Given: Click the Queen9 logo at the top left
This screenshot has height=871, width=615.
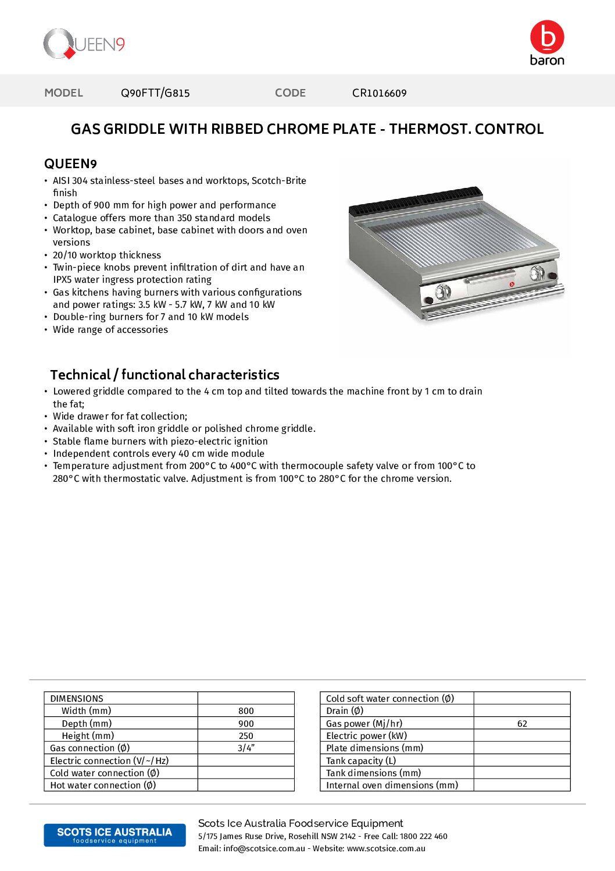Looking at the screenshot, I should pyautogui.click(x=84, y=44).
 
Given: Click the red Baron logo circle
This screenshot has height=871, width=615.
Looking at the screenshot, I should pyautogui.click(x=547, y=37).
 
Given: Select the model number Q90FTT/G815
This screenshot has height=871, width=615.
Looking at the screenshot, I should pyautogui.click(x=155, y=93).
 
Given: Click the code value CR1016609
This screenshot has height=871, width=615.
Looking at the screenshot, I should pyautogui.click(x=379, y=93).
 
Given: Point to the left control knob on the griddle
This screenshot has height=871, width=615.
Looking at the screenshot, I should pyautogui.click(x=443, y=291).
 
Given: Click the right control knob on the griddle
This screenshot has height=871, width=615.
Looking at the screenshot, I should pyautogui.click(x=537, y=272).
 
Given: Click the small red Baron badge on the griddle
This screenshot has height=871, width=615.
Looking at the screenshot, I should pyautogui.click(x=512, y=284).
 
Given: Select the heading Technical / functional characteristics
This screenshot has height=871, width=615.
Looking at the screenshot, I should pyautogui.click(x=165, y=375).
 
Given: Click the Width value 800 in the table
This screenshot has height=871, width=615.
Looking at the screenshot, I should pyautogui.click(x=246, y=711).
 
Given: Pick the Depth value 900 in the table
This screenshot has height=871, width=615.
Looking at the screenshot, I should pyautogui.click(x=246, y=724).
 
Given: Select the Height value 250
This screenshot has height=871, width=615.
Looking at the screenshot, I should pyautogui.click(x=246, y=736).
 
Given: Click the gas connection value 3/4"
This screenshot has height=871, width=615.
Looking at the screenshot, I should pyautogui.click(x=246, y=748).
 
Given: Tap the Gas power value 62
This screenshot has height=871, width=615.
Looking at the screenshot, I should pyautogui.click(x=522, y=724).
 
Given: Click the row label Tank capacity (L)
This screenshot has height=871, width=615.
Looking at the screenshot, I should pyautogui.click(x=361, y=761).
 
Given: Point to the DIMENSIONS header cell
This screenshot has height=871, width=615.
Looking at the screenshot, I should pyautogui.click(x=77, y=699).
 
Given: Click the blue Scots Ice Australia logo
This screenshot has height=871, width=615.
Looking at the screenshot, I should pyautogui.click(x=115, y=835).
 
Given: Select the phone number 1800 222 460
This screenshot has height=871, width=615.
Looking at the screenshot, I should pyautogui.click(x=424, y=837).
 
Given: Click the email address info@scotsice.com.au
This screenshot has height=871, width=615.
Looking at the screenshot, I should pyautogui.click(x=264, y=849).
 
